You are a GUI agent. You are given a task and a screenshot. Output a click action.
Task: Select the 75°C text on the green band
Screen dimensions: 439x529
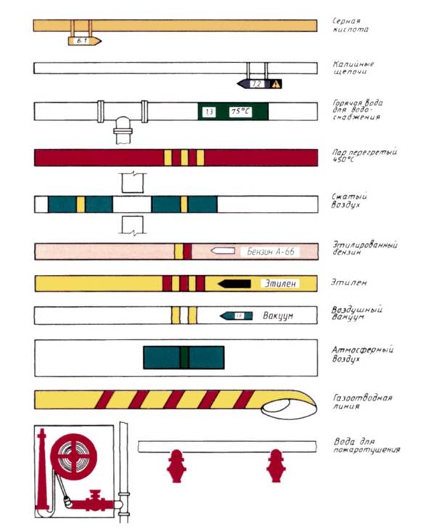239,112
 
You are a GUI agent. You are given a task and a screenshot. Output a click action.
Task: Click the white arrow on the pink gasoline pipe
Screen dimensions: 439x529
222,251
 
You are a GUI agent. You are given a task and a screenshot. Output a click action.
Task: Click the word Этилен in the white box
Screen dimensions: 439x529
279,283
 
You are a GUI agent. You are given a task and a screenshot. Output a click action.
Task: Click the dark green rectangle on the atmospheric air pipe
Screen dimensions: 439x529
184,357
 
